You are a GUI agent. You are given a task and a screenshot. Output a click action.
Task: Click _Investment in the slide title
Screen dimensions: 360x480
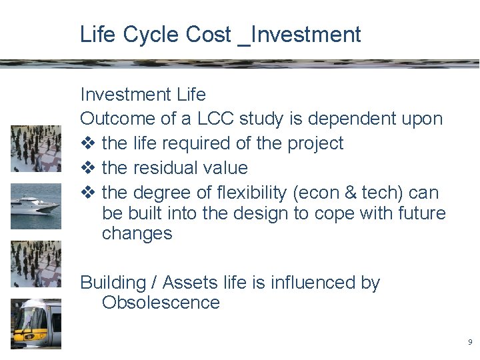pyautogui.click(x=299, y=35)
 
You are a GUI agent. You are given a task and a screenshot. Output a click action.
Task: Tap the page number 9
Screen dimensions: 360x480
pyautogui.click(x=470, y=342)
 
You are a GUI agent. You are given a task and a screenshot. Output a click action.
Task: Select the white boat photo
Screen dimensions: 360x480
pyautogui.click(x=35, y=206)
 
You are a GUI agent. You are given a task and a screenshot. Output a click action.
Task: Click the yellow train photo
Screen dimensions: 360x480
pyautogui.click(x=35, y=323)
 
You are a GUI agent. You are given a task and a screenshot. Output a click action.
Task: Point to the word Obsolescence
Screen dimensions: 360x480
pyautogui.click(x=161, y=303)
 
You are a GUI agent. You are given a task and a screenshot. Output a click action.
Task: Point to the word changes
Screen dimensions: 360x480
pyautogui.click(x=137, y=234)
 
